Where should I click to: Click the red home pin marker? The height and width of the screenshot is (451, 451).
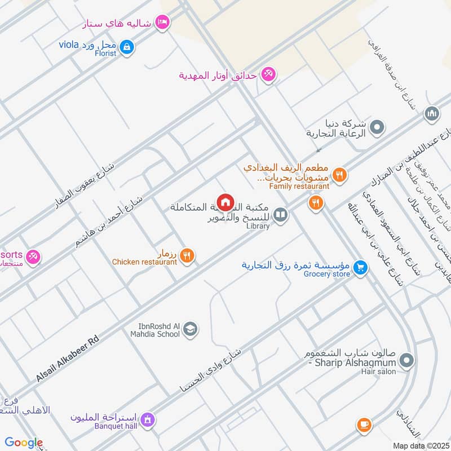point(225,202)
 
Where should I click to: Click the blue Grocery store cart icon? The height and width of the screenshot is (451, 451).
point(361,269)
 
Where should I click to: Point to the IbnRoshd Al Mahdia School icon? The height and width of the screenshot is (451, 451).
point(191,329)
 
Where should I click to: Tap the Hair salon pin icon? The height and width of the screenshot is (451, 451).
point(407,360)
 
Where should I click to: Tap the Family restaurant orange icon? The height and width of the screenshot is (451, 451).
point(339,175)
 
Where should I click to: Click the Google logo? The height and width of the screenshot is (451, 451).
point(24,443)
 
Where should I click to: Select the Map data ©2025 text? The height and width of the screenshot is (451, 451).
point(420,445)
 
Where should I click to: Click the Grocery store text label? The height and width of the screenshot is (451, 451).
point(327,275)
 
